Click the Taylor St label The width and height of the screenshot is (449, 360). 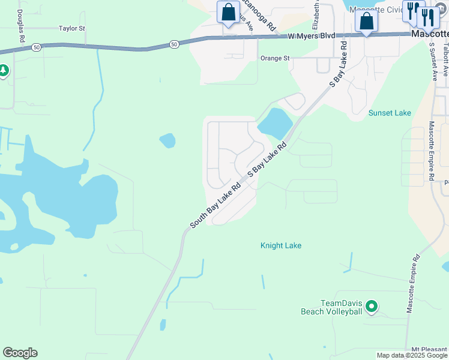(72, 28)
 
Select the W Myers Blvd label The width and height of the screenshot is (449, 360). (311, 36)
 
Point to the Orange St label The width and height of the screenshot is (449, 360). (275, 58)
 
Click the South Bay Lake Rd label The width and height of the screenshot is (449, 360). (215, 205)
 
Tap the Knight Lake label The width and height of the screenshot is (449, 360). (281, 245)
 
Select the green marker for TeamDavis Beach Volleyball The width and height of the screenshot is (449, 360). (372, 307)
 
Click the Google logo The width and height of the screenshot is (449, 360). (20, 353)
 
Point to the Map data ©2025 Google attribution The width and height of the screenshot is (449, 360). (412, 355)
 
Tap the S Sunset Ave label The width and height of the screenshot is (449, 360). (433, 61)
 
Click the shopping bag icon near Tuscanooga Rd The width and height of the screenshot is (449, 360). (229, 12)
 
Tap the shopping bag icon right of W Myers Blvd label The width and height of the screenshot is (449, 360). (367, 21)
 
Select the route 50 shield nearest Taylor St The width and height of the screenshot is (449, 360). (37, 46)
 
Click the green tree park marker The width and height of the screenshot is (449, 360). (4, 71)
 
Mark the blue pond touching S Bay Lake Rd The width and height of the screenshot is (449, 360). (274, 124)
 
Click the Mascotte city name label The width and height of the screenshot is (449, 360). (430, 35)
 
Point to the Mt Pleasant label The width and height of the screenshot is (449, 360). (430, 349)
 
